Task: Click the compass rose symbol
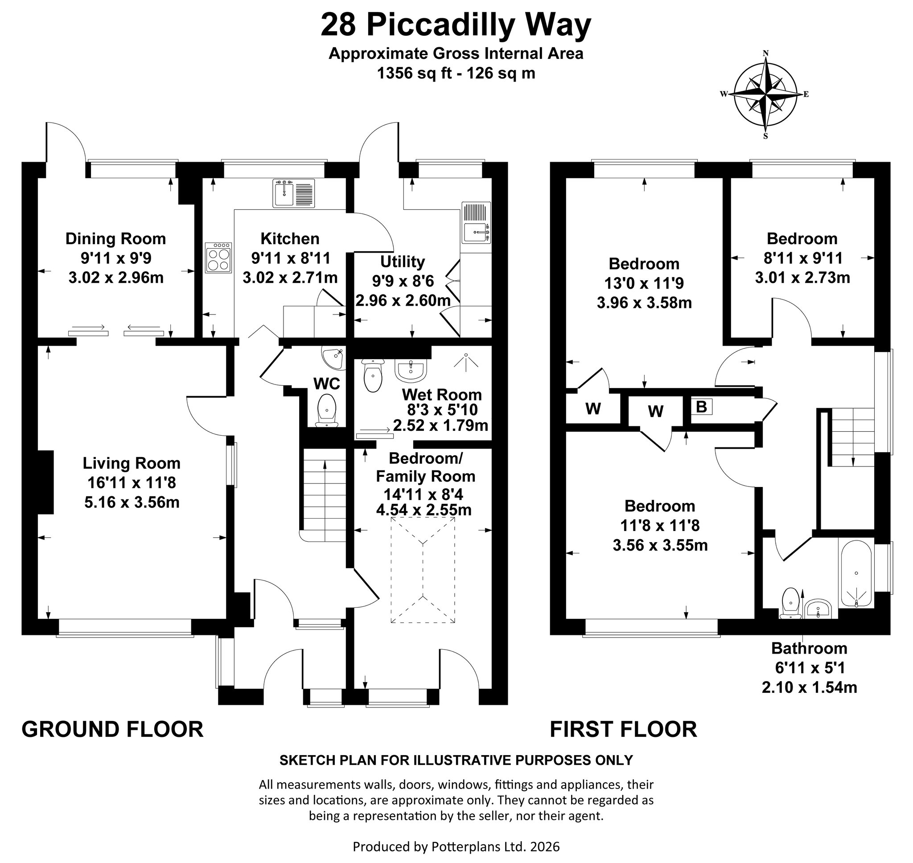coord(766,94)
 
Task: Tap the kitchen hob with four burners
coord(218,258)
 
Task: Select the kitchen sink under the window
coord(294,193)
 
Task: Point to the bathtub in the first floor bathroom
coord(856,574)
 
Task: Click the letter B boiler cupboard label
coord(701,407)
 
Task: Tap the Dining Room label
coord(115,239)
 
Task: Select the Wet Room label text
coord(442,395)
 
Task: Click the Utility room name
coord(402,262)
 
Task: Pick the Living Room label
coord(132,463)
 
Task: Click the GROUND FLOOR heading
coord(112,730)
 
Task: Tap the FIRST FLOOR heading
coord(624,730)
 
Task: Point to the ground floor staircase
coord(324,495)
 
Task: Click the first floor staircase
coord(851,437)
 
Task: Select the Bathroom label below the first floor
coord(810,648)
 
